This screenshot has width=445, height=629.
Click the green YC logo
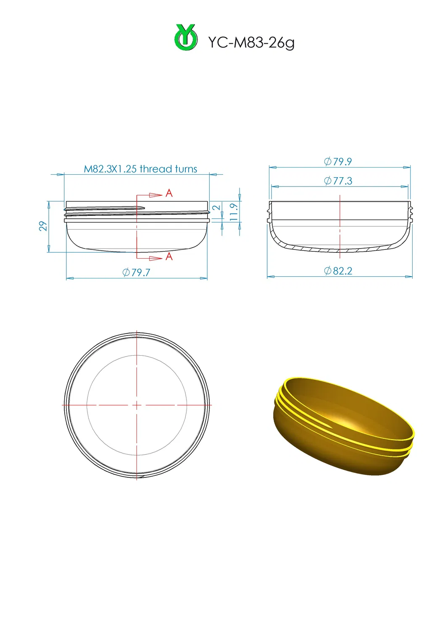click(x=186, y=38)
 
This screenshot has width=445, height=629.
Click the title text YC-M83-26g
click(x=251, y=42)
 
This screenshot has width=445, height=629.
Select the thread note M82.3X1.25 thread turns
click(x=140, y=169)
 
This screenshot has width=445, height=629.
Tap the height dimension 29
click(x=43, y=226)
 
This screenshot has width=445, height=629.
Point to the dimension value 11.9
click(x=234, y=212)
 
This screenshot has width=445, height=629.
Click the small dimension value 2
click(x=216, y=207)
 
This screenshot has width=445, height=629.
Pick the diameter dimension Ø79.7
click(x=136, y=273)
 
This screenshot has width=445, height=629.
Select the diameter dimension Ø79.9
click(x=338, y=162)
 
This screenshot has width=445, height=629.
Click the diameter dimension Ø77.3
click(x=338, y=181)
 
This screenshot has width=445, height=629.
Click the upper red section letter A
click(x=169, y=193)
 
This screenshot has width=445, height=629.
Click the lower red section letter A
click(x=169, y=257)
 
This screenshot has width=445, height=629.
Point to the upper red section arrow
click(x=155, y=195)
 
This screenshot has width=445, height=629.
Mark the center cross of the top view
click(x=137, y=405)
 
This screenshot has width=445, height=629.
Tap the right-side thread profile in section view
click(x=411, y=212)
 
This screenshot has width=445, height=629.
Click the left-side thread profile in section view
click(x=269, y=212)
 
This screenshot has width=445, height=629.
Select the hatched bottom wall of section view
click(x=340, y=250)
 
